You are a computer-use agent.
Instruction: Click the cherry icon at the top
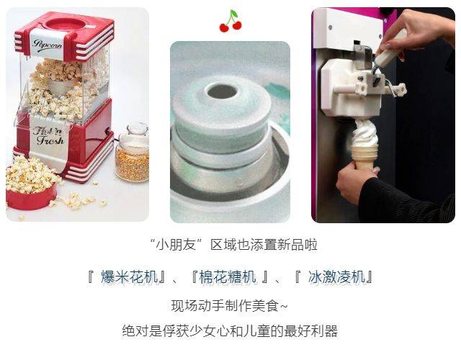pos(230,21)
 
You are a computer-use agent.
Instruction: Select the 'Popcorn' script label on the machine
pos(47,45)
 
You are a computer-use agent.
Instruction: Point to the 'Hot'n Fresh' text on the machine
pos(48,135)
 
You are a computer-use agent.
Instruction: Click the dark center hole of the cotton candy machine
pos(223,91)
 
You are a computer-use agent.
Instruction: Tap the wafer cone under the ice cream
pos(364,156)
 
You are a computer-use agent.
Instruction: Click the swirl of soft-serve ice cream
pos(364,132)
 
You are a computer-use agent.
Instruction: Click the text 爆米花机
pos(130,276)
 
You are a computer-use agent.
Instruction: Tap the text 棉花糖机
pos(228,276)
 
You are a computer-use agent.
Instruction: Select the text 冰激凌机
pos(336,276)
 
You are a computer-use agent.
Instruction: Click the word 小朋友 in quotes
pos(176,245)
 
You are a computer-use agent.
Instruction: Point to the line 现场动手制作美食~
pos(230,306)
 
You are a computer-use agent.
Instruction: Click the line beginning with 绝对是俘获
pos(230,331)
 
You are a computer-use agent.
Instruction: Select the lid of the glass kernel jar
pos(137,129)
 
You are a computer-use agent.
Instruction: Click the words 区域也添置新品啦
pos(264,245)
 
